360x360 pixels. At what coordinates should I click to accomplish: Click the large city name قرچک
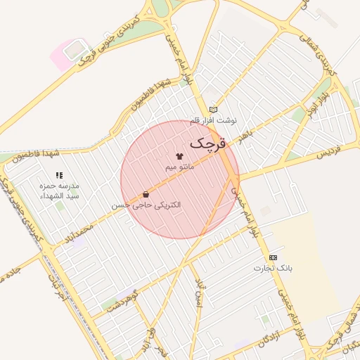208,143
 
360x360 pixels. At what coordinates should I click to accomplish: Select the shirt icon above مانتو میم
179,155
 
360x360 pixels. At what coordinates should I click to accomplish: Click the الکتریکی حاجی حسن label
146,205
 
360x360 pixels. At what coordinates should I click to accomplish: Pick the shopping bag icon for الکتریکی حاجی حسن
146,194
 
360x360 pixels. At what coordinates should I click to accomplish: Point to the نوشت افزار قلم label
214,121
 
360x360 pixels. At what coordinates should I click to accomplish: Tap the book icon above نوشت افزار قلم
213,110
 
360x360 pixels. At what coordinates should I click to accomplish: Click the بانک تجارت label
274,268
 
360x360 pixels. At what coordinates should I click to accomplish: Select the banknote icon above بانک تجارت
273,257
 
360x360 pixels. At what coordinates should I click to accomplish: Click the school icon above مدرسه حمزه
59,174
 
